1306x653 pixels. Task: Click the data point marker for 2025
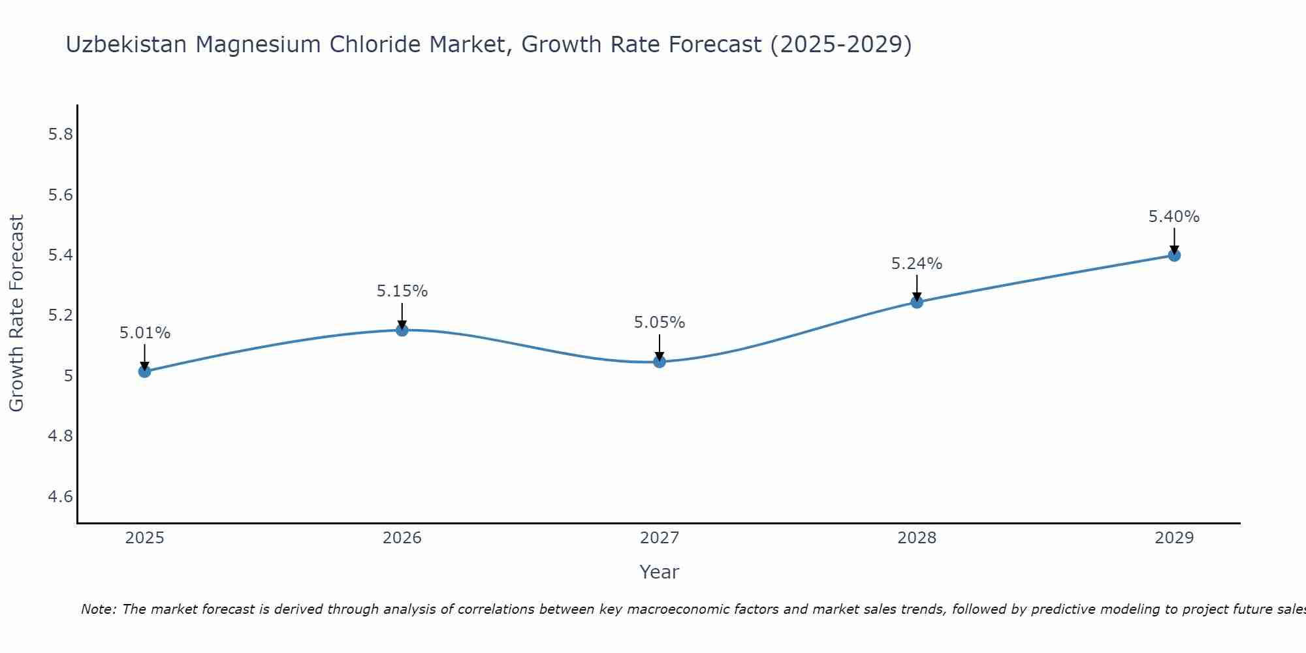144,372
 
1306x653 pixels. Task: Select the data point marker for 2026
402,330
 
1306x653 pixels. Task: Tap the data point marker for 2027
660,361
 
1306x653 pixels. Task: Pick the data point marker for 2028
917,302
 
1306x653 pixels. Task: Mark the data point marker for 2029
1174,255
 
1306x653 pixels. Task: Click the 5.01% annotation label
144,333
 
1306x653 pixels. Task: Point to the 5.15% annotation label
402,291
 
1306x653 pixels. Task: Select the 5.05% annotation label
660,323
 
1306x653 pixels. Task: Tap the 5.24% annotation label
917,264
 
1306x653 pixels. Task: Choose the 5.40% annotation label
1174,217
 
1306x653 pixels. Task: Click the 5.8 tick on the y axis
60,135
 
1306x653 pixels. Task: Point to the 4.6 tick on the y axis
60,497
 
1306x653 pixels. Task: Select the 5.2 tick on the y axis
60,315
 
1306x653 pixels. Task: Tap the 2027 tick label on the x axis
660,538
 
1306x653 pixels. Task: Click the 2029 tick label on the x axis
1174,538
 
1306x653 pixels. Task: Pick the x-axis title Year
660,572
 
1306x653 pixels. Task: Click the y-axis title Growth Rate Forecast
16,313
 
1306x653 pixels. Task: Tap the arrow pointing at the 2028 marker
917,287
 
